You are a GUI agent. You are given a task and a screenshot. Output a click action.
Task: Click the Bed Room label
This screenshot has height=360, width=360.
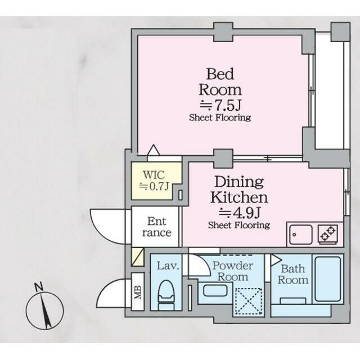(x=220, y=82)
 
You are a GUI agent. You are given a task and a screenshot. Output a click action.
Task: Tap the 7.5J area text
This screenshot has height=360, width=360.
(x=220, y=105)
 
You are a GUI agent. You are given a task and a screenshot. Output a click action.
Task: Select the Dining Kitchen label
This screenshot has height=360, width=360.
(x=239, y=190)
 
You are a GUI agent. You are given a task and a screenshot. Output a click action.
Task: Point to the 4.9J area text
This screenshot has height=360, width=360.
(x=240, y=213)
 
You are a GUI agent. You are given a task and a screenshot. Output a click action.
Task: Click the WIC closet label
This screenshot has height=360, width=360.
(x=154, y=175)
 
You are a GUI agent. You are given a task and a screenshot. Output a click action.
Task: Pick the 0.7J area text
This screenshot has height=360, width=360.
(x=154, y=186)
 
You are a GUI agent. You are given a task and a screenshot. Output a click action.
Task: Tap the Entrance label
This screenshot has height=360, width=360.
(x=156, y=227)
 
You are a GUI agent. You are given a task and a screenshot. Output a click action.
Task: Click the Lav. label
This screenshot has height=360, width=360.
(x=168, y=266)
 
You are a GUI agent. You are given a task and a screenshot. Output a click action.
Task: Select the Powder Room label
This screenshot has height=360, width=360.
(x=232, y=271)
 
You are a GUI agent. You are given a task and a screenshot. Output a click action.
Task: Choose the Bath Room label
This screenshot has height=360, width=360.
(x=292, y=274)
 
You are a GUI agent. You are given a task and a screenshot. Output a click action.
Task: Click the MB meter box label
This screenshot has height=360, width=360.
(x=138, y=292)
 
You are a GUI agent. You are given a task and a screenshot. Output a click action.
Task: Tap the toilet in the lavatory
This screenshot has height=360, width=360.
(x=166, y=295)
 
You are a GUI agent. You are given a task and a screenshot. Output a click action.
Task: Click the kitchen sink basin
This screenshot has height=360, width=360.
(x=301, y=235)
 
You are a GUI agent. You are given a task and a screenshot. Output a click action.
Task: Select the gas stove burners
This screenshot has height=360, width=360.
(x=327, y=234)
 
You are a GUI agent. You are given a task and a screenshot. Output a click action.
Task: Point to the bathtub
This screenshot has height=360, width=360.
(x=327, y=279)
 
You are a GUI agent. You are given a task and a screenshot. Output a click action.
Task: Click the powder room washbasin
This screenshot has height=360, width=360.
(x=215, y=290)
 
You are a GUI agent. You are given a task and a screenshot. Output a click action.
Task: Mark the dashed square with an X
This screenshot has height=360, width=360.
(x=249, y=301)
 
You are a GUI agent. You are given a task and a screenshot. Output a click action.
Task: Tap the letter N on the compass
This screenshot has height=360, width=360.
(x=39, y=287)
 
